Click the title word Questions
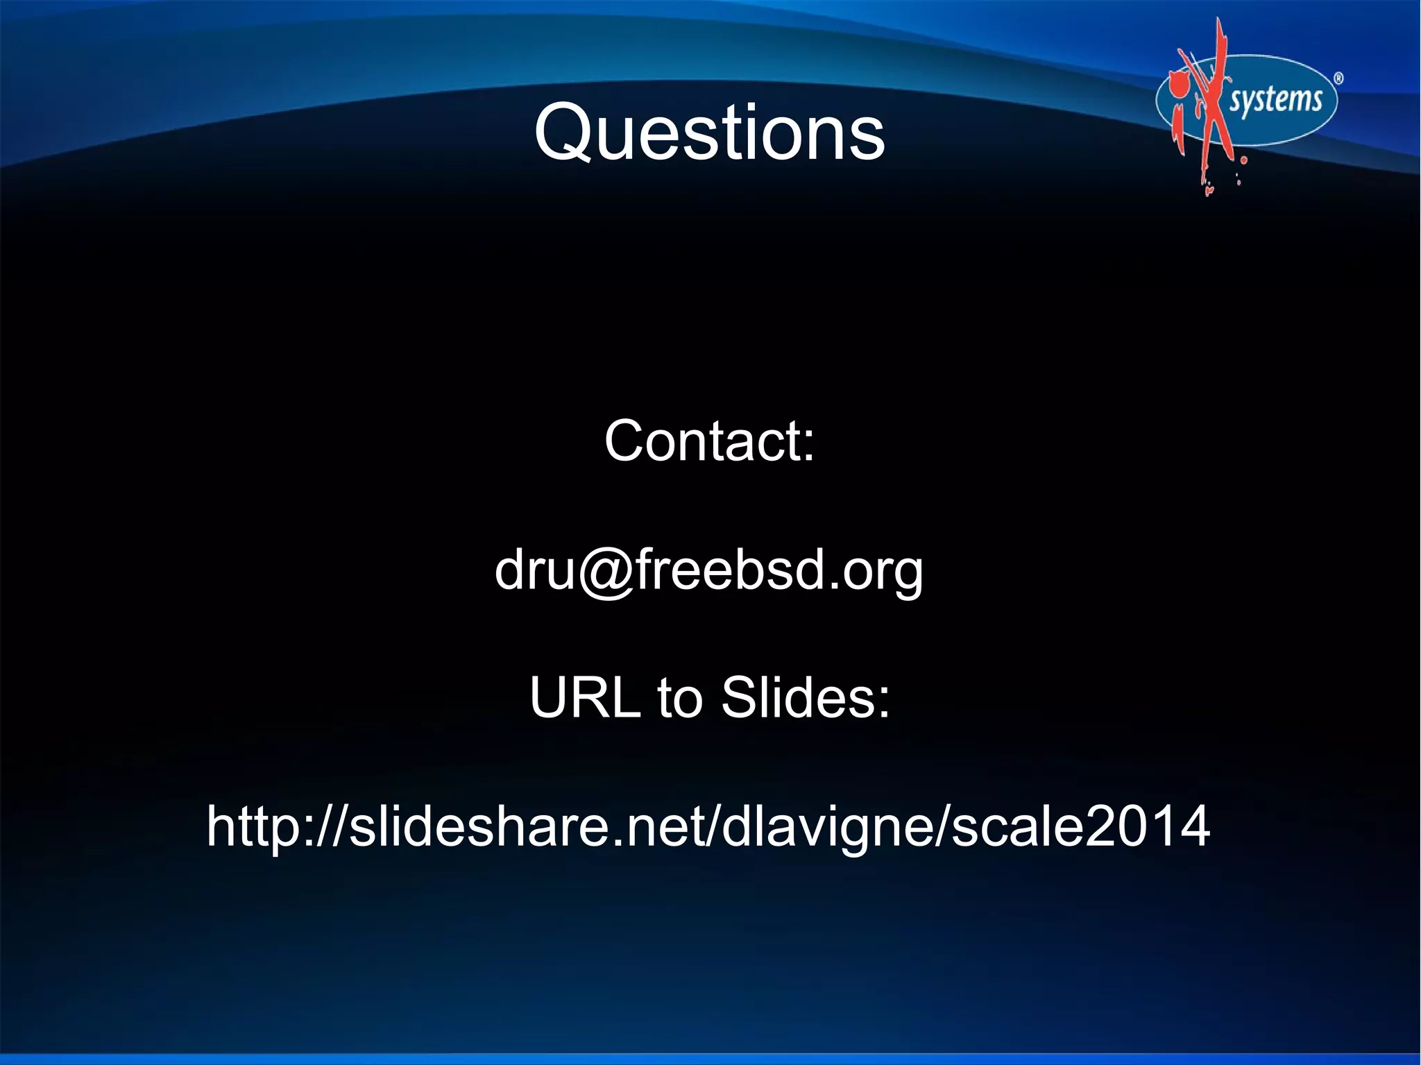[709, 132]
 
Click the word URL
[584, 697]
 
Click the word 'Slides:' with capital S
[805, 697]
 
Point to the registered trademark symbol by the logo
[1338, 79]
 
